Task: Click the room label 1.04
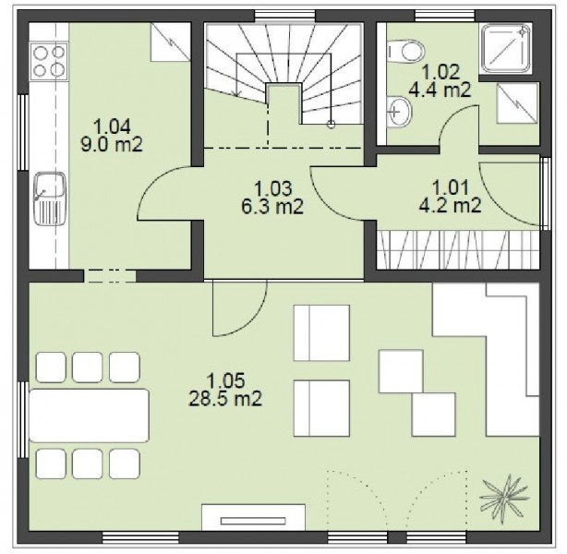coord(112,127)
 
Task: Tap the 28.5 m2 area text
coord(225,399)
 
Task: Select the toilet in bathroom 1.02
coord(405,51)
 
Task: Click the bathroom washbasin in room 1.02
coord(399,112)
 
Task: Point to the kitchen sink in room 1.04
coord(50,199)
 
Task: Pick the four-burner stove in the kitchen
coord(49,61)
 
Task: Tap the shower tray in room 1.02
coord(506,49)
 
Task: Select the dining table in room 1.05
coord(89,415)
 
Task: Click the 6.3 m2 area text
coord(272,207)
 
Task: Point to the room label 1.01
coord(451,187)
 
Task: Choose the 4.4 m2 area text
coord(440,90)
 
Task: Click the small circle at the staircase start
coord(331,125)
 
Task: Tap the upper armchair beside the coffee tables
coord(321,332)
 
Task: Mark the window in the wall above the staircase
coord(285,16)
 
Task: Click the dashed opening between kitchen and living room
coord(110,276)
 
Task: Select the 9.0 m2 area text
coord(112,145)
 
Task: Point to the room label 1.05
coord(225,380)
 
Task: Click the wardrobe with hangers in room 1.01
coord(458,250)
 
